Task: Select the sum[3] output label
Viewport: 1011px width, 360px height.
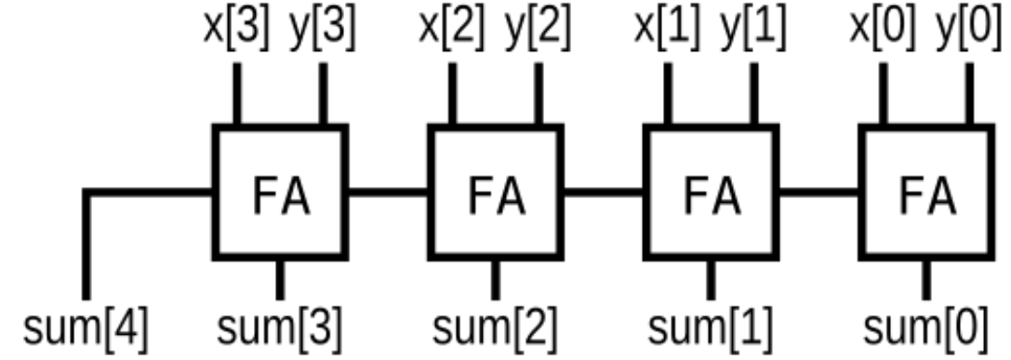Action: click(x=280, y=328)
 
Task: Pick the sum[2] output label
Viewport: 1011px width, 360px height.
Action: click(x=496, y=328)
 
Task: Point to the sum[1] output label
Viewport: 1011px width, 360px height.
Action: click(x=710, y=328)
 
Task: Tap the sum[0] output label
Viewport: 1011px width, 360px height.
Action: click(x=925, y=328)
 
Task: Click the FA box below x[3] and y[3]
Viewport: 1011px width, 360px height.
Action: click(x=280, y=193)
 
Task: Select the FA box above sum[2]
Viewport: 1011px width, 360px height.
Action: click(x=495, y=193)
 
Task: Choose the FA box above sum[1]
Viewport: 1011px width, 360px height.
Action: click(x=710, y=193)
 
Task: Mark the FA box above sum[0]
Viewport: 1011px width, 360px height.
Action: click(x=925, y=193)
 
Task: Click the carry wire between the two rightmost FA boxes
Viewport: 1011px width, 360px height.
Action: click(x=818, y=193)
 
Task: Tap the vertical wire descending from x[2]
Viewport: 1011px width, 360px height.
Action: click(x=452, y=93)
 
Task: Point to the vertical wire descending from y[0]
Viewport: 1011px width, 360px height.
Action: click(x=967, y=93)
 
